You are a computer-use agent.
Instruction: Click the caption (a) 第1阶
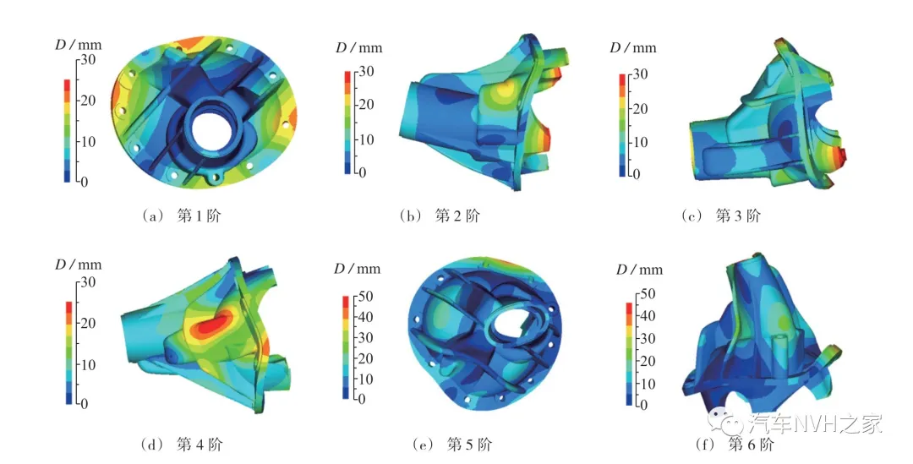182,216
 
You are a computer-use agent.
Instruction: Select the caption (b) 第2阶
440,216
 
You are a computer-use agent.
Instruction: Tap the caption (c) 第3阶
721,216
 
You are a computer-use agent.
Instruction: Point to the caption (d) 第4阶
182,445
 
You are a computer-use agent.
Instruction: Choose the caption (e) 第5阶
451,445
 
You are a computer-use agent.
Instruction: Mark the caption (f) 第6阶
734,445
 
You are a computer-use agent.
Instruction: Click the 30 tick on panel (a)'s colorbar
88,59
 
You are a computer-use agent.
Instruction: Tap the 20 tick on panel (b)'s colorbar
365,105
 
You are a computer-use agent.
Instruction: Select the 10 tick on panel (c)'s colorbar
639,142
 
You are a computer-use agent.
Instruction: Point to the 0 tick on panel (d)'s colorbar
85,403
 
